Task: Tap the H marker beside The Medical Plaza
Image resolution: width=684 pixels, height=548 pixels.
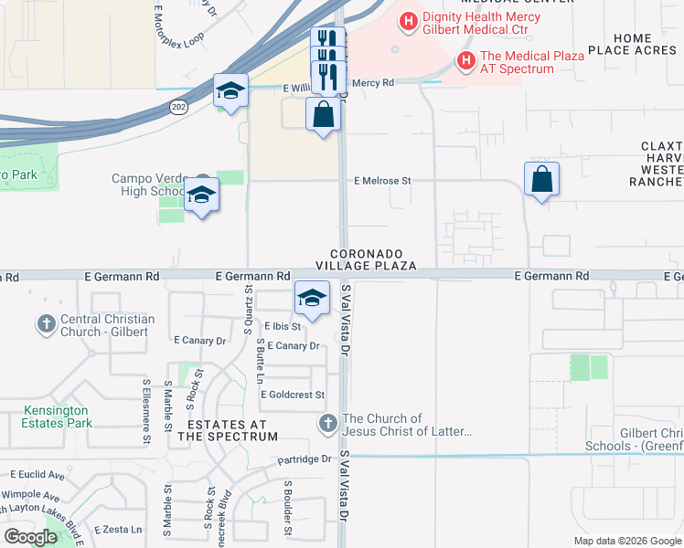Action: pos(466,61)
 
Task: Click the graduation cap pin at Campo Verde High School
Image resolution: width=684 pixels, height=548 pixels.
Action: pos(201,195)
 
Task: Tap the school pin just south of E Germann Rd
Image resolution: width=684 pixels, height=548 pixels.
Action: pos(311,298)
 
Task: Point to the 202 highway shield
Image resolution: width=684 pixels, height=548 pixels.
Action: pos(176,107)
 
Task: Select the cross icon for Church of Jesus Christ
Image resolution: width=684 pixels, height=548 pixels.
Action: pos(328,424)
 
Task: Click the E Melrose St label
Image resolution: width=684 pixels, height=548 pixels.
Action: pos(382,181)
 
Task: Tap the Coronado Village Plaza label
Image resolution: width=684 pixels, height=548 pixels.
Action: pos(366,258)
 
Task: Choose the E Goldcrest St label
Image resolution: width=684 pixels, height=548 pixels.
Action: pos(293,395)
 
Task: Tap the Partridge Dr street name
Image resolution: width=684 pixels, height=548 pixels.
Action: pos(305,459)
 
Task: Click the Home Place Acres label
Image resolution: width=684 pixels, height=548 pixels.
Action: pos(633,44)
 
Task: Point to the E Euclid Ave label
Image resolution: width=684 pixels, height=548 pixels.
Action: pos(37,475)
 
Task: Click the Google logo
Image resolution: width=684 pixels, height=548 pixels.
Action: pos(31,537)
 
